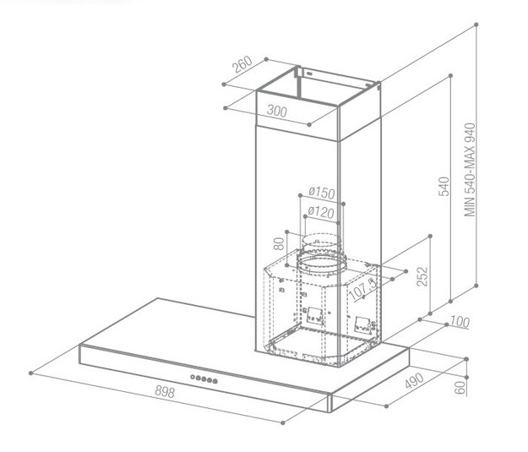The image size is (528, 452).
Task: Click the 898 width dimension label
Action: coord(165,392)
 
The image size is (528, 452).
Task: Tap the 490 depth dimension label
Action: coord(414,380)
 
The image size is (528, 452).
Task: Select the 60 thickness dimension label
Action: coord(460,388)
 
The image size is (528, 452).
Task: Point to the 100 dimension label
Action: coord(460,322)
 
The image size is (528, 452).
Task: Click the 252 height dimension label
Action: coord(422,276)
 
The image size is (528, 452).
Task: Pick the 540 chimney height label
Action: coord(444,186)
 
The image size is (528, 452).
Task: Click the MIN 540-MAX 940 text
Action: coord(470,170)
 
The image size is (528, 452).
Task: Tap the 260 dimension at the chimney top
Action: coord(242,64)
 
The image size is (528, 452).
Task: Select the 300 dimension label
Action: coord(277,111)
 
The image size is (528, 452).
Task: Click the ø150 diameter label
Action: coord(322,193)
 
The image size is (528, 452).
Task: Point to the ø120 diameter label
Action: coord(321,212)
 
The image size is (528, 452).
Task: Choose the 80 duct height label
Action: coord(279,243)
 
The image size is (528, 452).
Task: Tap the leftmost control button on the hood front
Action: coord(193,377)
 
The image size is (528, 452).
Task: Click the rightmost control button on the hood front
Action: coord(215,381)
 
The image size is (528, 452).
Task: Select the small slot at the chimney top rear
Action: coord(309,73)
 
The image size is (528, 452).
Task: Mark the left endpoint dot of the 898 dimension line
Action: coord(31,373)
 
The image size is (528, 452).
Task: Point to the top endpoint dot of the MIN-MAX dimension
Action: coord(476,25)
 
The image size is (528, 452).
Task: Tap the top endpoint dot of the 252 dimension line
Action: coord(430,236)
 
